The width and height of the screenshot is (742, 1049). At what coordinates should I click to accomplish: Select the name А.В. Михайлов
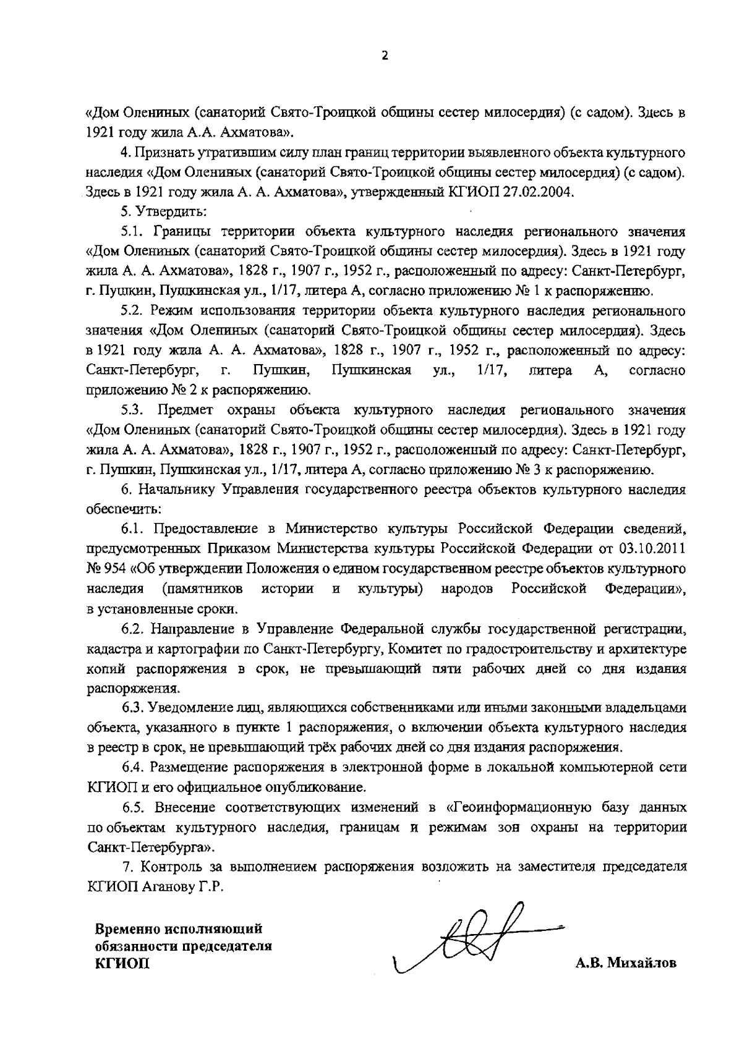[x=626, y=963]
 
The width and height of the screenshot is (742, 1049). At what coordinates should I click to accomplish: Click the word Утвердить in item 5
[x=171, y=211]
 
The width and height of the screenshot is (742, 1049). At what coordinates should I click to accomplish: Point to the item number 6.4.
[x=133, y=767]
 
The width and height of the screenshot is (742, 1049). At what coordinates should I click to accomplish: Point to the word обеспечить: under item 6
[x=124, y=509]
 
